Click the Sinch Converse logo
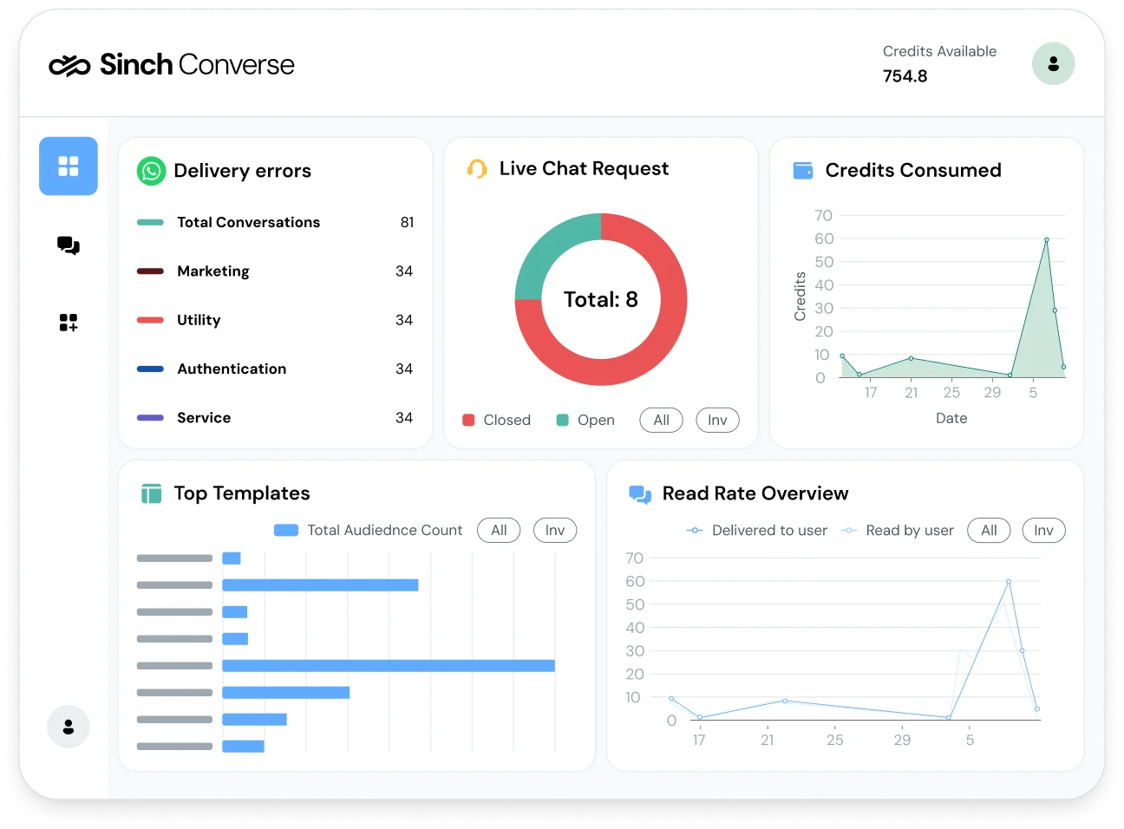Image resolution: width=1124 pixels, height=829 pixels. pyautogui.click(x=172, y=65)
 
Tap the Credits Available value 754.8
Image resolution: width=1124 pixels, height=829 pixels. pyautogui.click(x=905, y=76)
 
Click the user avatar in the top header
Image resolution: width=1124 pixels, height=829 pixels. pyautogui.click(x=1053, y=64)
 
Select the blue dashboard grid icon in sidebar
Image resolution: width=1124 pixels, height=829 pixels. pyautogui.click(x=69, y=166)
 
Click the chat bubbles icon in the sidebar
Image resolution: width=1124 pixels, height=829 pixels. pyautogui.click(x=69, y=245)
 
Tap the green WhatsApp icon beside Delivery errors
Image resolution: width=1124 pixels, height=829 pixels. pyautogui.click(x=151, y=171)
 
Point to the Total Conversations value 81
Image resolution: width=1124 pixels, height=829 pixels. pyautogui.click(x=407, y=223)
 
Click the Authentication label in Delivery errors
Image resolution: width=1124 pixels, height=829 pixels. pyautogui.click(x=232, y=369)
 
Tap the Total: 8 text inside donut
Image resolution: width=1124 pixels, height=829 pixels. pyautogui.click(x=600, y=300)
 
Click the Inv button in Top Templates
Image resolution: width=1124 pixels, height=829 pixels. pyautogui.click(x=555, y=531)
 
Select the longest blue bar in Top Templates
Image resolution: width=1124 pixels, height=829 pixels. pyautogui.click(x=388, y=666)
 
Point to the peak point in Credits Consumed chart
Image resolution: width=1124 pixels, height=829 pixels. pyautogui.click(x=1046, y=239)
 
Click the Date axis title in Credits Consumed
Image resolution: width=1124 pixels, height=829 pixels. pyautogui.click(x=951, y=419)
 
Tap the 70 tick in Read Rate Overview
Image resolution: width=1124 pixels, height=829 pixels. pyautogui.click(x=635, y=558)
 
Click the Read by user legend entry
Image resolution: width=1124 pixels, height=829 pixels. pyautogui.click(x=899, y=531)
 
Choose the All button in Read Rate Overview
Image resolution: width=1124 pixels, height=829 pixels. pyautogui.click(x=989, y=531)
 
